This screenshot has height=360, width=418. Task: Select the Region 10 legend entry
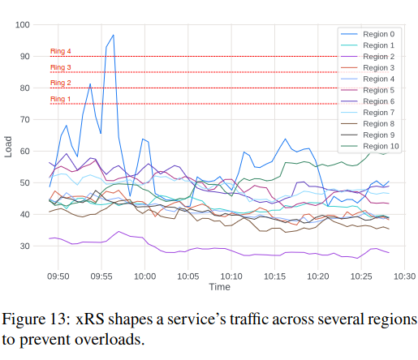point(381,146)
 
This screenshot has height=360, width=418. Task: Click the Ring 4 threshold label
point(61,52)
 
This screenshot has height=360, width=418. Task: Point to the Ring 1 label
point(61,99)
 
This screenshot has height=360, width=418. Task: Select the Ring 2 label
point(61,83)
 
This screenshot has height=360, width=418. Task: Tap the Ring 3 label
point(61,67)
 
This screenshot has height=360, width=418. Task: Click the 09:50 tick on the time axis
point(58,276)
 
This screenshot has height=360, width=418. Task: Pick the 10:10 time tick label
point(231,276)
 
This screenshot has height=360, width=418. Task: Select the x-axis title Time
point(219,287)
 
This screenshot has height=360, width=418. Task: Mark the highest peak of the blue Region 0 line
point(113,35)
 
